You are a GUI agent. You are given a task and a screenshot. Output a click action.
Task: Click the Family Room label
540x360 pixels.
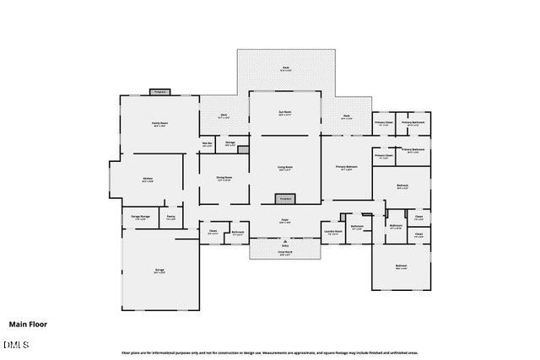coord(159,124)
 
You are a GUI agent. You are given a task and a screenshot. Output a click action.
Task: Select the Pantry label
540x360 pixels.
coord(171,218)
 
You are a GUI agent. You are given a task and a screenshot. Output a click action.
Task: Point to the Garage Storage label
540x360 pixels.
coord(140,218)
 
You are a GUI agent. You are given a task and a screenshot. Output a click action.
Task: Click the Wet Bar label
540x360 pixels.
coord(207,144)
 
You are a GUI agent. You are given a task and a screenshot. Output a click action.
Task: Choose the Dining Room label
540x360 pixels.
coord(224,178)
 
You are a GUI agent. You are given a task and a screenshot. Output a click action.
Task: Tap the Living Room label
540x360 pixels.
coord(285,168)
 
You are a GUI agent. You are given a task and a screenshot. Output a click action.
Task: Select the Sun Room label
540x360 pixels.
coord(285,113)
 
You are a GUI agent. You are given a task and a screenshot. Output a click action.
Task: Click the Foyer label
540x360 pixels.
coord(285,222)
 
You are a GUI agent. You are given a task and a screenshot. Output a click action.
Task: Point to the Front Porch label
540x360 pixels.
coord(285,252)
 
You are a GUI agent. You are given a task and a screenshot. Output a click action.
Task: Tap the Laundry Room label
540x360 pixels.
coord(332,231)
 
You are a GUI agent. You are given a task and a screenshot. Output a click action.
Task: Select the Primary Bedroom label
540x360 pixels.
coord(347,168)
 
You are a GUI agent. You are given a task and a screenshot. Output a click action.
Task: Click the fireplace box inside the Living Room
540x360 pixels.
coord(285,199)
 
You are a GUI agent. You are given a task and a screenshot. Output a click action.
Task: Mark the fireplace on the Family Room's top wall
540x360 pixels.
coord(160,92)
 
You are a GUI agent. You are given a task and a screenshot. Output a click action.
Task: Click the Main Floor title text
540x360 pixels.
coord(28,325)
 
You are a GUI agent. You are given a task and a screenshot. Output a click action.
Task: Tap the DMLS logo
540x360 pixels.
coord(15,344)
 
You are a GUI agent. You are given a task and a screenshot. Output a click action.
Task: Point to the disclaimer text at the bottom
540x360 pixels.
coord(270,352)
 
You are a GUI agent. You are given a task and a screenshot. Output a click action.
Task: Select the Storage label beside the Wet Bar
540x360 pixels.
coord(229,143)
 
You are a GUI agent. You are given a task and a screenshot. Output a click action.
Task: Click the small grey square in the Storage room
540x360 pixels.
coord(243,149)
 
